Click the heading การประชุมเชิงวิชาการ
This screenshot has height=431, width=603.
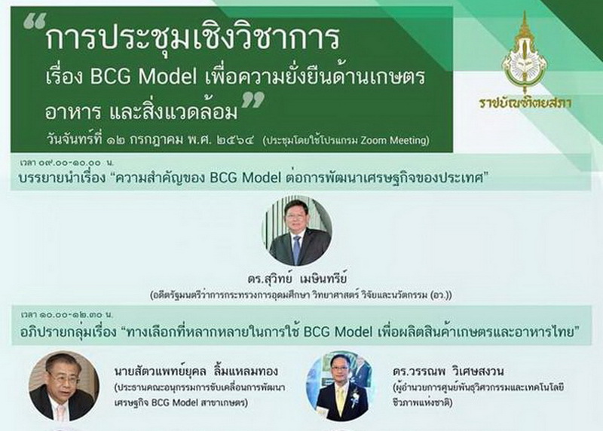193,38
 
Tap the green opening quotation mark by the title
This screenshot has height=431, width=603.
35,21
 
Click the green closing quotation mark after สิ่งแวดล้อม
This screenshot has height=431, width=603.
253,99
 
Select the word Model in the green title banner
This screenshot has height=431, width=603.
167,77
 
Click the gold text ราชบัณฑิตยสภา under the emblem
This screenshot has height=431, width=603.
525,102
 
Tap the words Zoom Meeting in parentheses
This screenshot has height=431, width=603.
393,140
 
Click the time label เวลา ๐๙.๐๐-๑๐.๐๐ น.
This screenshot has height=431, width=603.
67,162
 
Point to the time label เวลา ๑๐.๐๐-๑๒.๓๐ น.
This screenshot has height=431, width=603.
67,315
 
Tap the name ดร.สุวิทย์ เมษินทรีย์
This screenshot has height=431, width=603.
297,279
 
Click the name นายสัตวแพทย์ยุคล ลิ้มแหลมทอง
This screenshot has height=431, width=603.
196,371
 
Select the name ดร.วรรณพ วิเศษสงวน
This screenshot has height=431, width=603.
448,371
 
